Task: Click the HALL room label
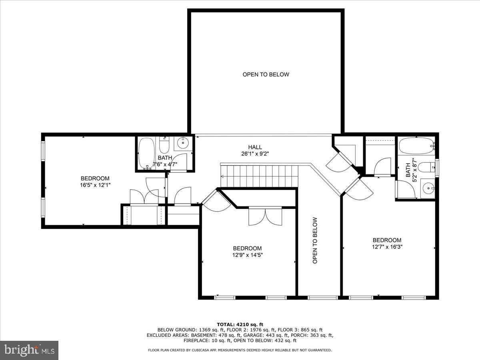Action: click(x=255, y=147)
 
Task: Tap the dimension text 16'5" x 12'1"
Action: click(x=95, y=185)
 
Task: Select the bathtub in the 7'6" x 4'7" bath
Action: click(x=146, y=153)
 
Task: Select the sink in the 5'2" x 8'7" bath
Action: click(x=428, y=187)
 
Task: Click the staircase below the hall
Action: click(x=260, y=176)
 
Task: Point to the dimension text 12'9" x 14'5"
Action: click(x=248, y=255)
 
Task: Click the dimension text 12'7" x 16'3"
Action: click(x=386, y=247)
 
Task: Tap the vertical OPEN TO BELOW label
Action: click(x=315, y=240)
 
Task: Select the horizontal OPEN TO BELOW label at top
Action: click(x=266, y=74)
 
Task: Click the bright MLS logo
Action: click(x=29, y=350)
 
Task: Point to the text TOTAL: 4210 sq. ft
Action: click(x=240, y=324)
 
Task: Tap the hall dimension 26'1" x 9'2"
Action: click(x=255, y=154)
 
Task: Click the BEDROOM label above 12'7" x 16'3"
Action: click(x=386, y=240)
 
